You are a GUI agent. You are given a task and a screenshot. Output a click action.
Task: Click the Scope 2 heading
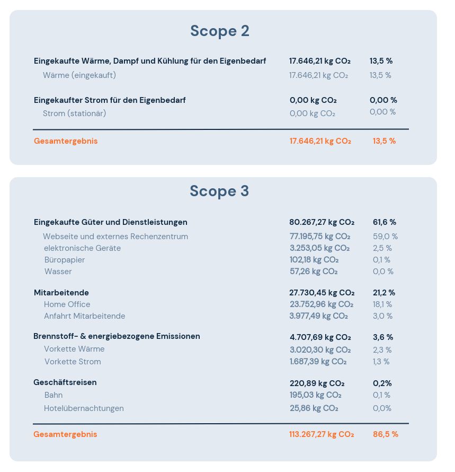click(x=220, y=31)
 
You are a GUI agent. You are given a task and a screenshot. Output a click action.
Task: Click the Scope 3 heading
click(x=219, y=191)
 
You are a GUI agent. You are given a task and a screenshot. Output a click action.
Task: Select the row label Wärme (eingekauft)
click(x=79, y=75)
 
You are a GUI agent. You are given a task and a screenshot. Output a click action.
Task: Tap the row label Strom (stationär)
click(x=75, y=113)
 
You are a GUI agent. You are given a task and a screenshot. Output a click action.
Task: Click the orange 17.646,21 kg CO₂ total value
click(x=320, y=141)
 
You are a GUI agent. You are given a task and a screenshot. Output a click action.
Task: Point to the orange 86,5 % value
click(x=385, y=434)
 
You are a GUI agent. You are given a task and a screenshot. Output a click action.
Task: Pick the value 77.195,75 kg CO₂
click(x=319, y=237)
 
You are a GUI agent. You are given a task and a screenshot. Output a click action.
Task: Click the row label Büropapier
click(x=65, y=260)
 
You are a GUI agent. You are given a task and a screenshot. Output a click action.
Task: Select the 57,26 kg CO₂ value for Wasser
click(x=314, y=272)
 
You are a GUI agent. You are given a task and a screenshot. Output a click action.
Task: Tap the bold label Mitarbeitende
click(x=61, y=293)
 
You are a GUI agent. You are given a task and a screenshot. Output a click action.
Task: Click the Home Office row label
click(x=67, y=304)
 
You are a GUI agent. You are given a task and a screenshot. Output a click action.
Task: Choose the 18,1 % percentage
click(x=382, y=304)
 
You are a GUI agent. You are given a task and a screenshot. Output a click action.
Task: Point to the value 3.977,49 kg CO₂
click(x=318, y=316)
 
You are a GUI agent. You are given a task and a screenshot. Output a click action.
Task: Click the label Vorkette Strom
click(x=73, y=362)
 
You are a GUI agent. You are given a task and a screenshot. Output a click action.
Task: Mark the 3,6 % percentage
click(x=383, y=337)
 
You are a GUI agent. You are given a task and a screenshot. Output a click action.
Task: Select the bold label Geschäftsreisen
click(x=65, y=382)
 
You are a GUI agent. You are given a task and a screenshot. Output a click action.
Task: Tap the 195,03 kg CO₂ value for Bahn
click(x=315, y=395)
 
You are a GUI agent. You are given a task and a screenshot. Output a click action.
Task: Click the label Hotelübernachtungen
click(x=84, y=408)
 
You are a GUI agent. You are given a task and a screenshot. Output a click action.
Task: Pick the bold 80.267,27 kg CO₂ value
click(x=322, y=222)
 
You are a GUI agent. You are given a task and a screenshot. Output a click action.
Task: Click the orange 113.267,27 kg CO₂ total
click(x=321, y=434)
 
